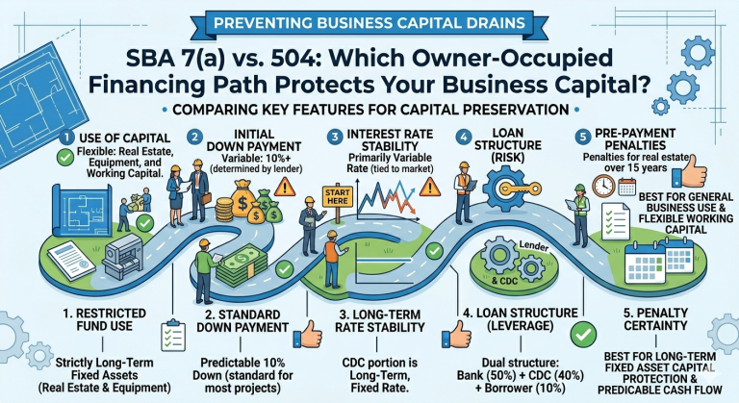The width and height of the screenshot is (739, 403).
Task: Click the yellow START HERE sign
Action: (x=337, y=196)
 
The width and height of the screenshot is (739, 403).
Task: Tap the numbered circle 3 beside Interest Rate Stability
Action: (x=335, y=138)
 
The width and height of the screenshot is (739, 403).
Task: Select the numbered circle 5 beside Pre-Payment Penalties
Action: (x=582, y=138)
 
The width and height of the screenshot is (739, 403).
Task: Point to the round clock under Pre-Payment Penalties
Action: (x=603, y=187)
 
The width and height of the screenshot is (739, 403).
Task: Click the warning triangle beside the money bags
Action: (x=285, y=187)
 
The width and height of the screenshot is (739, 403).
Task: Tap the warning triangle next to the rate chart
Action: (x=429, y=187)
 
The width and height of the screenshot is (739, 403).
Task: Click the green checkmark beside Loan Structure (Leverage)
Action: (x=583, y=334)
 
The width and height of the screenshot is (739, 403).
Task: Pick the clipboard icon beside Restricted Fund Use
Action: (x=172, y=335)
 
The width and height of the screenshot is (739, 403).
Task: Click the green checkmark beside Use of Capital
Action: (x=65, y=158)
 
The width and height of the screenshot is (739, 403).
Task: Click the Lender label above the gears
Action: (x=533, y=246)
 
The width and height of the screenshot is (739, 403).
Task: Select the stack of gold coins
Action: (x=224, y=210)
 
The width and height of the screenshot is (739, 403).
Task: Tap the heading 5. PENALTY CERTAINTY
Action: (x=655, y=319)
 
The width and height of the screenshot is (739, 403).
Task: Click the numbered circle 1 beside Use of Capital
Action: (x=67, y=138)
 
